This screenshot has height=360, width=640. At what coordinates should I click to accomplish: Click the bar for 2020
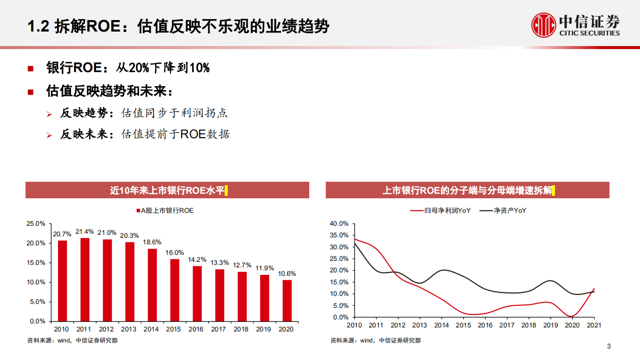(287, 300)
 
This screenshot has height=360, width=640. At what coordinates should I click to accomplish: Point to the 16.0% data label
(175, 252)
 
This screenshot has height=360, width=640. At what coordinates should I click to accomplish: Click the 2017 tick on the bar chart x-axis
(219, 329)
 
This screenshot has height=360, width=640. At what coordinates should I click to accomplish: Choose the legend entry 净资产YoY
(509, 211)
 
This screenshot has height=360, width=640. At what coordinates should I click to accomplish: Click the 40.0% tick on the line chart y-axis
(339, 223)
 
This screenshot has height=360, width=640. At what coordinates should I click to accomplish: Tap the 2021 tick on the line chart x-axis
(594, 325)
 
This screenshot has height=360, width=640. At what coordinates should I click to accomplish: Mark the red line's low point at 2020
(572, 316)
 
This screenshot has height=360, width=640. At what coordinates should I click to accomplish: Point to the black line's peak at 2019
(550, 280)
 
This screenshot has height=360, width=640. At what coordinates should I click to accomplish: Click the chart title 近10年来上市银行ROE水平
(167, 190)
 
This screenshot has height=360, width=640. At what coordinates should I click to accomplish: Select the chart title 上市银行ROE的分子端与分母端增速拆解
(467, 190)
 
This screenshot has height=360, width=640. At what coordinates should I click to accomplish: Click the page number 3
(608, 346)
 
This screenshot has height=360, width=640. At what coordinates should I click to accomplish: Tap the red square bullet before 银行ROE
(31, 69)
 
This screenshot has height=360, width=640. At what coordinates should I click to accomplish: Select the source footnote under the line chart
(375, 340)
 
